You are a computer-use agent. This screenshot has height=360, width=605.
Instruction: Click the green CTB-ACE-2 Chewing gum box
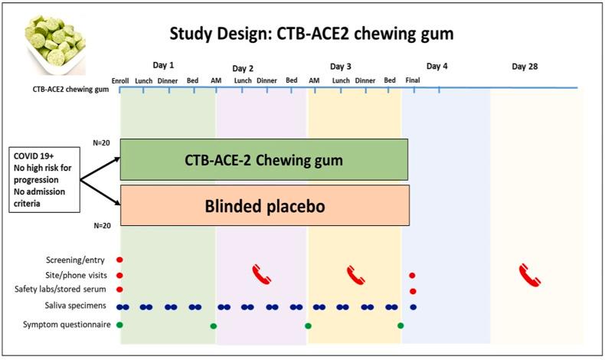click(x=263, y=160)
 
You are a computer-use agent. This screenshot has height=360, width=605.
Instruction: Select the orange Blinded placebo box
click(x=263, y=205)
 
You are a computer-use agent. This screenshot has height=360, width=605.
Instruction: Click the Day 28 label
click(x=525, y=67)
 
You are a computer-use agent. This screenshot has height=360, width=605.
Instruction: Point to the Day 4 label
click(x=437, y=67)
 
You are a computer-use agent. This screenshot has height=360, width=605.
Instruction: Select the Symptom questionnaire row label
click(x=67, y=325)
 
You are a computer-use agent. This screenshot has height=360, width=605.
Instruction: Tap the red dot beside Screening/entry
click(x=119, y=260)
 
